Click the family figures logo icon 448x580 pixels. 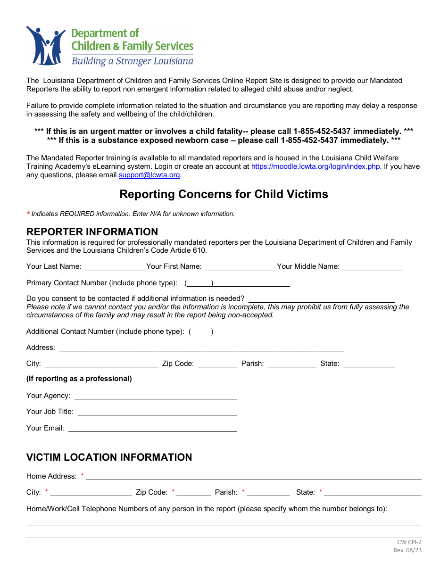click(46, 46)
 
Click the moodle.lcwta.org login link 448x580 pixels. click(315, 166)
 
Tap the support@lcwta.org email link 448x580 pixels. click(149, 175)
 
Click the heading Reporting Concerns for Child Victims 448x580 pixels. click(224, 194)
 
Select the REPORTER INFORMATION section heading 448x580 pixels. click(92, 232)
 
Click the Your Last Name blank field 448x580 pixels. click(116, 267)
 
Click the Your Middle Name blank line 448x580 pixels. click(372, 267)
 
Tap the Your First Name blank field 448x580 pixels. click(240, 267)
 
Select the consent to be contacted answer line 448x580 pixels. click(321, 299)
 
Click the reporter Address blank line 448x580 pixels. click(201, 348)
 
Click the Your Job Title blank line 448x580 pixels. click(157, 412)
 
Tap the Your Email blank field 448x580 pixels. click(152, 429)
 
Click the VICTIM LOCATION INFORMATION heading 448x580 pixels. click(109, 457)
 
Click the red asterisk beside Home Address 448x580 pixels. click(82, 475)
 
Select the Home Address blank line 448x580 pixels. click(253, 477)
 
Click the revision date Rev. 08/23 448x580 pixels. click(407, 550)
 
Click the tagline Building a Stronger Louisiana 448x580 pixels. click(132, 61)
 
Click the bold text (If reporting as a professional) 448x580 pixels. click(79, 379)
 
